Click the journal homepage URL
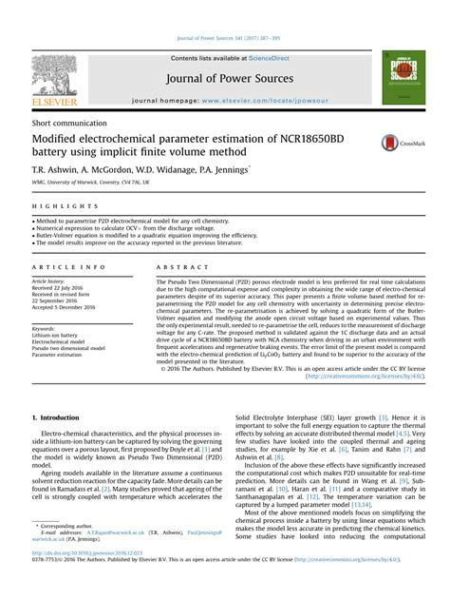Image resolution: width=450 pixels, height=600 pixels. pyautogui.click(x=256, y=99)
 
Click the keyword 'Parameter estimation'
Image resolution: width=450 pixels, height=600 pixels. pyautogui.click(x=58, y=355)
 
